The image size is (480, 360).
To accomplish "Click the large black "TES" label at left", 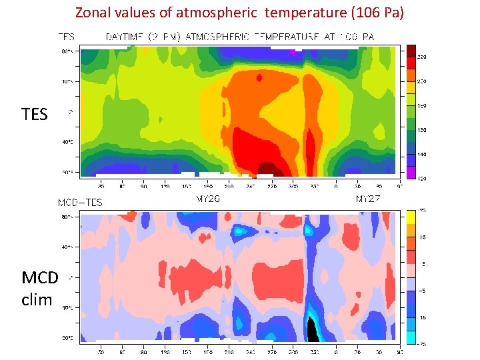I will pyautogui.click(x=35, y=115).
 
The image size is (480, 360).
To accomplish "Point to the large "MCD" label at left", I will pyautogui.click(x=40, y=277).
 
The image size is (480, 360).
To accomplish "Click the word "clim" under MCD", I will pyautogui.click(x=37, y=300).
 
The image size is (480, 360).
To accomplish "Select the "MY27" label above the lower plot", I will pyautogui.click(x=368, y=199).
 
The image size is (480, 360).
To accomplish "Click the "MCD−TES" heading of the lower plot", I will pyautogui.click(x=80, y=202).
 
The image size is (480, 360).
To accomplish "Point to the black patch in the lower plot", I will pyautogui.click(x=311, y=330).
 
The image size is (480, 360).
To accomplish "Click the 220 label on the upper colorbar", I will pyautogui.click(x=421, y=57).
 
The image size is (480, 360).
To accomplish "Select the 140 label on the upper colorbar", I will pyautogui.click(x=421, y=154).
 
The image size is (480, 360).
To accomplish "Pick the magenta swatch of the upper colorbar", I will pyautogui.click(x=412, y=173).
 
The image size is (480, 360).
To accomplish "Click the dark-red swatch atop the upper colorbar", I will pyautogui.click(x=412, y=50).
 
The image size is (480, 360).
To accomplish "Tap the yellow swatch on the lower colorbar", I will pyautogui.click(x=412, y=216).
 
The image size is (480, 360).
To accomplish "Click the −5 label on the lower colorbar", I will pyautogui.click(x=422, y=290).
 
